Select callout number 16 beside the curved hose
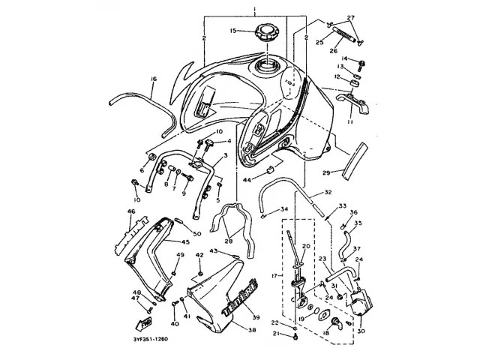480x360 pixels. coord(153,79)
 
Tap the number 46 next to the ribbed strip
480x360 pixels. coord(130,212)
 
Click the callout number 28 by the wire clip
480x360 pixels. coord(228,241)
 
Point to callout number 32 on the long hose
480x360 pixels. coord(328,193)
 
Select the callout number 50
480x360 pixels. coord(197,235)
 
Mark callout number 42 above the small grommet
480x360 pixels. coord(200,256)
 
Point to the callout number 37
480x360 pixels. coord(357,248)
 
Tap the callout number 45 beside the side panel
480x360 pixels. coord(184,242)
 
